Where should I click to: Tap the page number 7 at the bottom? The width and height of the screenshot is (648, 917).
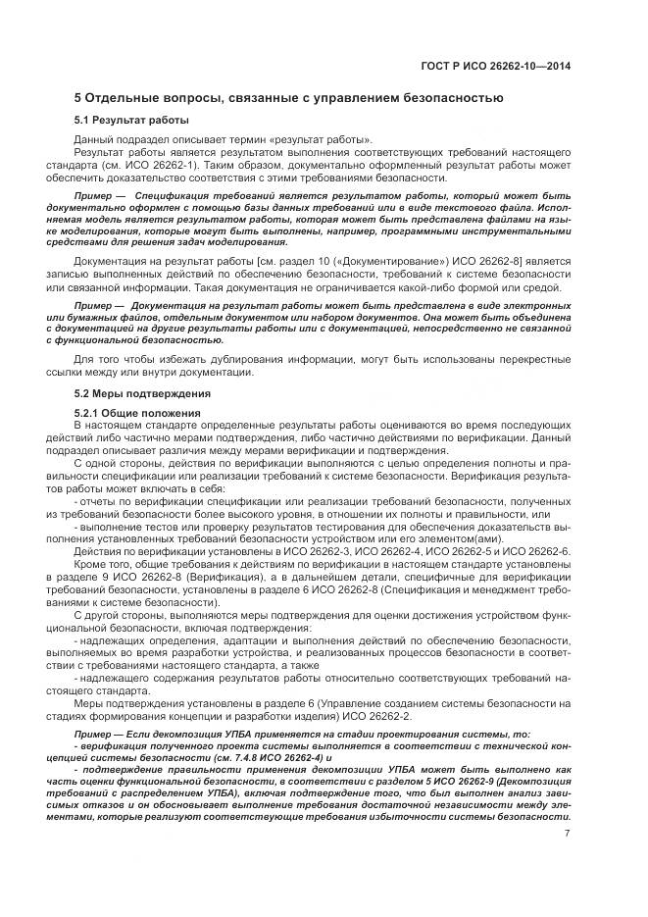[567, 834]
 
